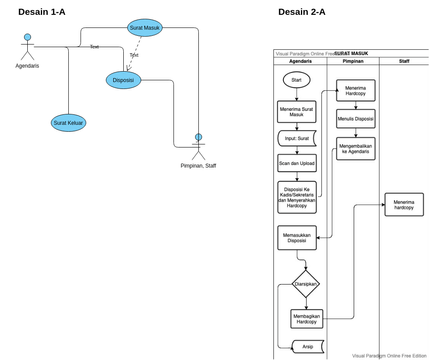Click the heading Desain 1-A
pos(44,11)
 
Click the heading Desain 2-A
pos(301,11)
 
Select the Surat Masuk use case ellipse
pos(145,28)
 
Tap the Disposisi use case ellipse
pos(124,80)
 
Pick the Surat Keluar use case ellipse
pos(68,123)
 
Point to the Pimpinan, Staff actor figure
pos(198,146)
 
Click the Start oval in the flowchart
pos(295,80)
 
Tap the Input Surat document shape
pos(296,139)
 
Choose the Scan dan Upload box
pos(296,163)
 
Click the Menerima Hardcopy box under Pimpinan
pos(355,91)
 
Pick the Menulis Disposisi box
pos(355,119)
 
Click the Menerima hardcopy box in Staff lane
pos(404,205)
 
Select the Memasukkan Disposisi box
pos(296,237)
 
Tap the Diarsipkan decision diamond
pos(305,283)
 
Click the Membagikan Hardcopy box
pos(307,318)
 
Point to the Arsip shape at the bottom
pos(307,347)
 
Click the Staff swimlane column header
pos(404,61)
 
